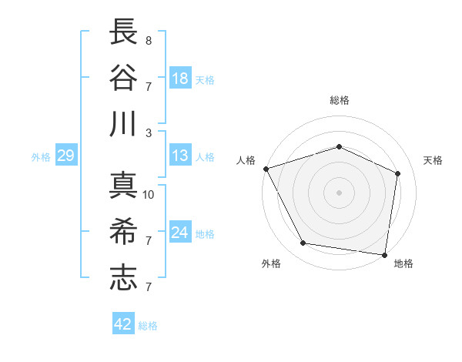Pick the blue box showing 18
(180, 78)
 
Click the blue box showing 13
(180, 156)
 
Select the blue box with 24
(180, 233)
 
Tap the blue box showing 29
(65, 156)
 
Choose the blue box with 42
(123, 324)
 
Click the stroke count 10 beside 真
(149, 194)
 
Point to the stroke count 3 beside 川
(149, 132)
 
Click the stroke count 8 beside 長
(149, 40)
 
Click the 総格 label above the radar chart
(339, 100)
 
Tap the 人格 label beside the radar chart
(246, 160)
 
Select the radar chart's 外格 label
(271, 263)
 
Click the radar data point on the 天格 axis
(398, 173)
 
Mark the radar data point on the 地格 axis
(384, 254)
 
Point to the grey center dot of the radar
(339, 192)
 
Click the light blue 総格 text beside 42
(148, 326)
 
